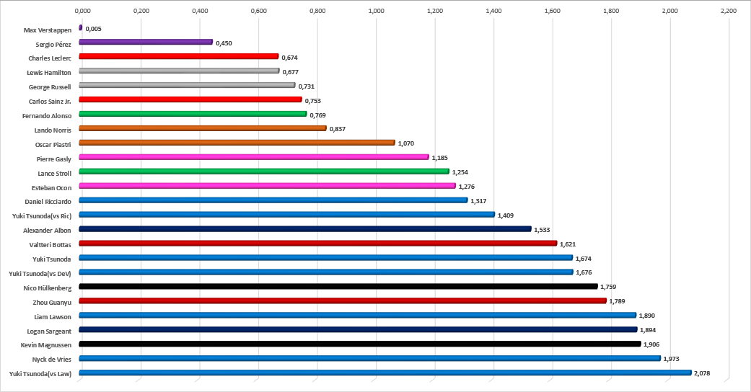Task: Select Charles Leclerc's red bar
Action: click(178, 56)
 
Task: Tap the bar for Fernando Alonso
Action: click(193, 114)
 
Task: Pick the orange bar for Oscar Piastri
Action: click(237, 143)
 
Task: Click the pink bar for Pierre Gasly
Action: click(253, 157)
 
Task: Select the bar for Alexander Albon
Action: click(304, 229)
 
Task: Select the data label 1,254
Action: click(460, 172)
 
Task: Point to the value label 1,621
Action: click(568, 244)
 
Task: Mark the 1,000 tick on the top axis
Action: click(376, 12)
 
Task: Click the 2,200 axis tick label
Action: click(729, 12)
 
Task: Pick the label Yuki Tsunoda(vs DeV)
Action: click(40, 272)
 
